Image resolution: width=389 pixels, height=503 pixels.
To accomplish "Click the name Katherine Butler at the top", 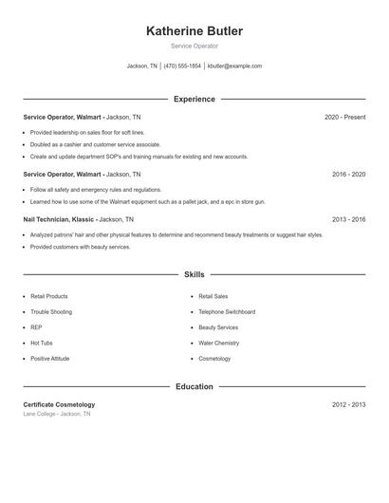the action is coord(194,31).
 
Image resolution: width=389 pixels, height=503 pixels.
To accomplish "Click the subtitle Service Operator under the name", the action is coord(194,46).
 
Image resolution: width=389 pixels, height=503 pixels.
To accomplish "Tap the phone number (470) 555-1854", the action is coord(182,66).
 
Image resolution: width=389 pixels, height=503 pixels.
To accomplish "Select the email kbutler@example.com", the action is coord(234,66).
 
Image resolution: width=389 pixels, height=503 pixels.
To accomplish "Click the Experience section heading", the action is coord(194,99).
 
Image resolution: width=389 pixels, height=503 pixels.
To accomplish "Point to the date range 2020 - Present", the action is coord(344,117).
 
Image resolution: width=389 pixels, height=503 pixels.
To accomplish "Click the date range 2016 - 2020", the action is coord(348,175).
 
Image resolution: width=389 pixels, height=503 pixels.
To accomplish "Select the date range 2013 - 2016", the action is coord(348,219).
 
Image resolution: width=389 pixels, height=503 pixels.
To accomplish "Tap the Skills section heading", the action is coord(194,274).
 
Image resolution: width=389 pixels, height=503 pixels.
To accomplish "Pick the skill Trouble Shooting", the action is coord(51,312).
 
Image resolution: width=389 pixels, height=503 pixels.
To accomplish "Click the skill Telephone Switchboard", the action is coord(227,312).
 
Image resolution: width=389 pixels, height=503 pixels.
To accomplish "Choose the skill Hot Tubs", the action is coord(42,343).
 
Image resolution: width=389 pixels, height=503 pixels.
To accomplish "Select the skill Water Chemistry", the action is coord(218,343).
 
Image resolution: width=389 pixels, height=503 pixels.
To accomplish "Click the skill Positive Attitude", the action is coord(51,359).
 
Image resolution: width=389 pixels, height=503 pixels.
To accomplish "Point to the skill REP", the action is coord(36,327).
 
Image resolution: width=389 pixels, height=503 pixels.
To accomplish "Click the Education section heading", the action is coord(194,386).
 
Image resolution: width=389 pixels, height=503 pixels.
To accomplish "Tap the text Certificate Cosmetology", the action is coord(59,404).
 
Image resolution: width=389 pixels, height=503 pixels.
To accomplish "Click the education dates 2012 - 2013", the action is coord(348,404).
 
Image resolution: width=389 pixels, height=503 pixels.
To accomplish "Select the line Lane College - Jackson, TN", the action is coord(57,414).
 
